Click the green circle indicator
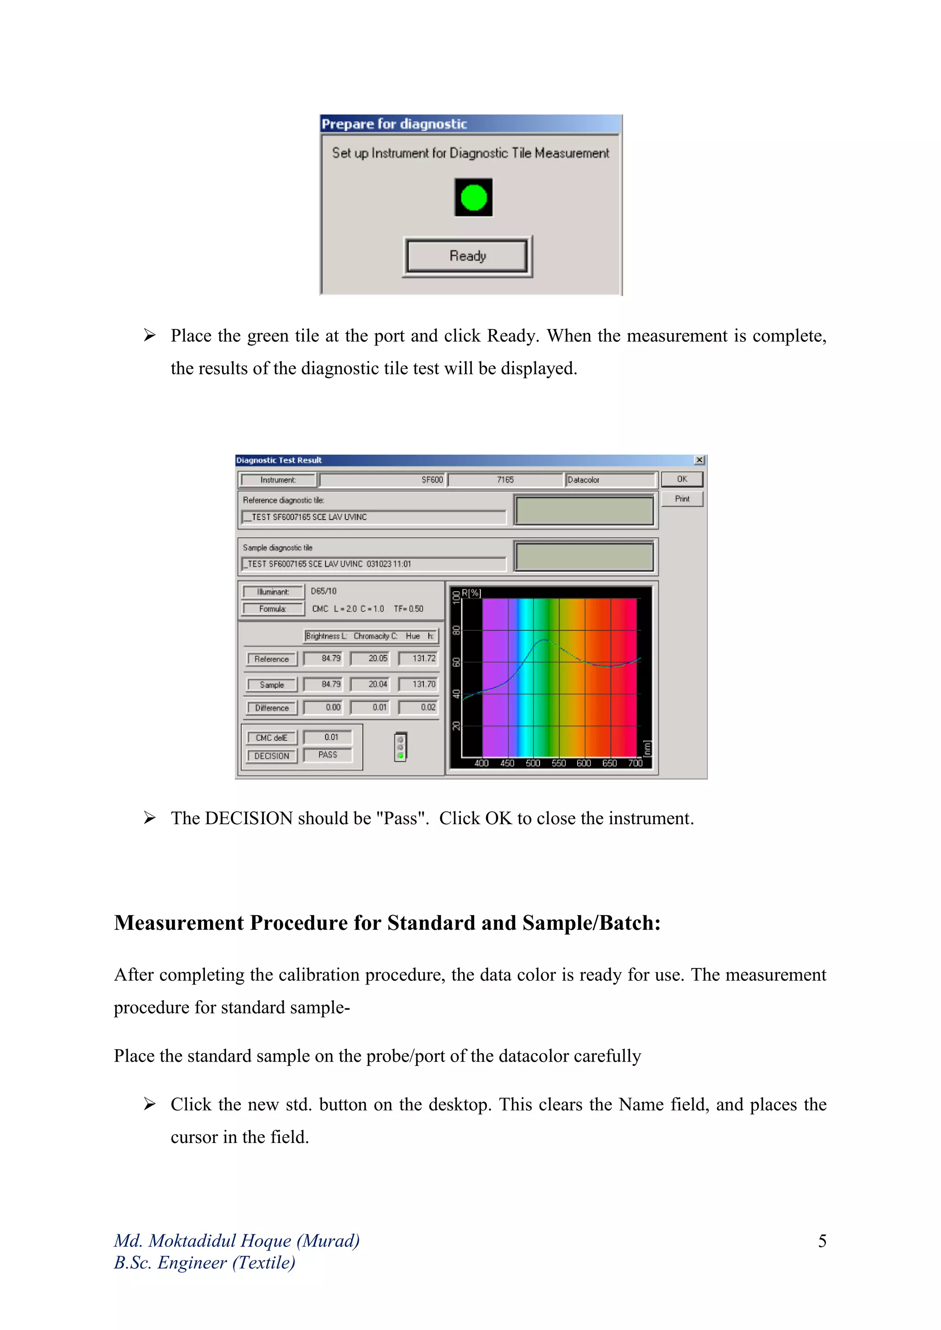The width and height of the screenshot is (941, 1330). (x=473, y=198)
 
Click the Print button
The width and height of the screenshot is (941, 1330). (x=682, y=499)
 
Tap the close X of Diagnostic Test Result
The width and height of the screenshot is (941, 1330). (x=699, y=460)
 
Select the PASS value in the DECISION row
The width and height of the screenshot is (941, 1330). (x=328, y=755)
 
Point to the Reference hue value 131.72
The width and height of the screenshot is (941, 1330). (x=424, y=659)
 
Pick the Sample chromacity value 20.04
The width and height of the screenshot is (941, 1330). (x=377, y=684)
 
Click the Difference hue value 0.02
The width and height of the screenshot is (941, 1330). (x=428, y=707)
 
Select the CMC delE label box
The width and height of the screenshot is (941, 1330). (x=271, y=737)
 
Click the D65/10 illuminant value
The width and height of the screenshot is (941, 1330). (x=323, y=591)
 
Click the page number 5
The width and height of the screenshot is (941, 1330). (x=822, y=1241)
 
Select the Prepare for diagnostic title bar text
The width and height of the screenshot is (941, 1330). (x=394, y=124)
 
